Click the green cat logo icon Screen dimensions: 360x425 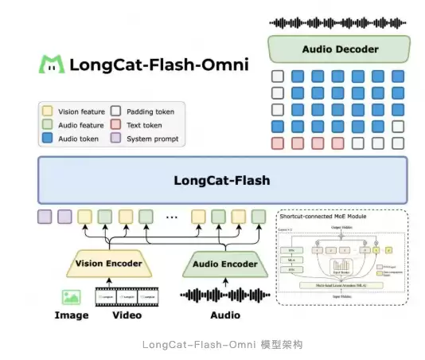[x=53, y=65]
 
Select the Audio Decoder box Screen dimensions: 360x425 [x=340, y=49]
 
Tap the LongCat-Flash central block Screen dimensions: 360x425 [x=222, y=180]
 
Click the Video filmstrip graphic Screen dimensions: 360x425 [x=127, y=296]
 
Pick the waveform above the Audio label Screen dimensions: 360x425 [x=224, y=295]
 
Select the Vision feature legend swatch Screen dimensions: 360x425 [x=49, y=112]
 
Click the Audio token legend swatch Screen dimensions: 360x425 [x=49, y=139]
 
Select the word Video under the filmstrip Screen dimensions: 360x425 [x=127, y=315]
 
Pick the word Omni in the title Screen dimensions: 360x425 [x=224, y=65]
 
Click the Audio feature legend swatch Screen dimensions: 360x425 [x=49, y=125]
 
